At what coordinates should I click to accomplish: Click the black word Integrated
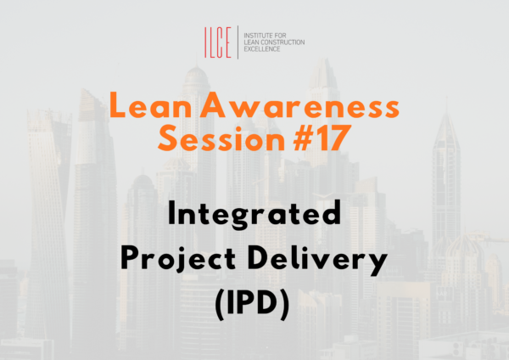coord(255,215)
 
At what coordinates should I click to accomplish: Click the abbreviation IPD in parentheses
coord(255,304)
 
